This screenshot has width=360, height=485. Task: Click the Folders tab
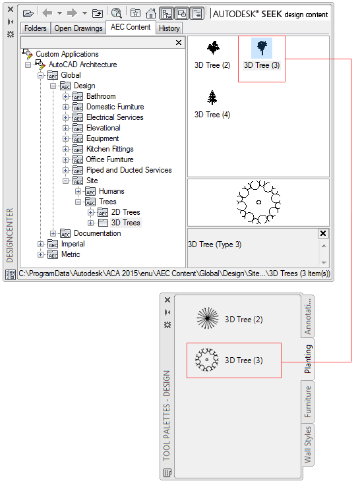click(35, 28)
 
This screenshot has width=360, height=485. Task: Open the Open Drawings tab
click(78, 28)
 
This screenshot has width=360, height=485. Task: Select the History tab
click(169, 28)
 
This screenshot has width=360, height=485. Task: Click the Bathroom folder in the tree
click(101, 96)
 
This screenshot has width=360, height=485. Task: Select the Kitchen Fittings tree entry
click(110, 149)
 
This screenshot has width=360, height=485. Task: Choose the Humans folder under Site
click(111, 191)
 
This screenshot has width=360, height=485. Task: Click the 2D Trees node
click(125, 212)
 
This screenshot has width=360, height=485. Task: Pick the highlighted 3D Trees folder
click(125, 223)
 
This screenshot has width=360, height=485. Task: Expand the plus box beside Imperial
click(41, 244)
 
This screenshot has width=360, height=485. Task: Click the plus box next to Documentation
click(53, 233)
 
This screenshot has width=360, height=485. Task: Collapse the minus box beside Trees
click(78, 202)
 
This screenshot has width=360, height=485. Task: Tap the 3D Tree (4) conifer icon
click(212, 98)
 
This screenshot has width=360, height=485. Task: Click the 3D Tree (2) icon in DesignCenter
click(213, 47)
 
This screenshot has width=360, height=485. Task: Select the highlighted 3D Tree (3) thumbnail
click(262, 48)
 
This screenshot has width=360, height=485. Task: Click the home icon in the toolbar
click(151, 13)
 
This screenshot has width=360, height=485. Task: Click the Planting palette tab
click(307, 358)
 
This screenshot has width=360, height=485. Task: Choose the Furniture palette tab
click(307, 401)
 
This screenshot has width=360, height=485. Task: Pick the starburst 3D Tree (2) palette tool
click(208, 318)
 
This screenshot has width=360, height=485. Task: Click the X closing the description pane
click(323, 233)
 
